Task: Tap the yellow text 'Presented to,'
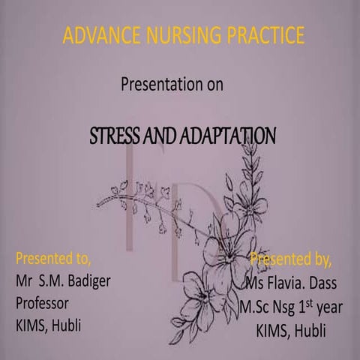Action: (53, 260)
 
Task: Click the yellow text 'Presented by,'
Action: (290, 260)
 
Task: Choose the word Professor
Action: (43, 304)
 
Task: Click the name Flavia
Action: (292, 283)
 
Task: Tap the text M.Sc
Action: (257, 307)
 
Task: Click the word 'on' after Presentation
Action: (215, 84)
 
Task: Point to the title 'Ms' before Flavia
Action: (256, 283)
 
